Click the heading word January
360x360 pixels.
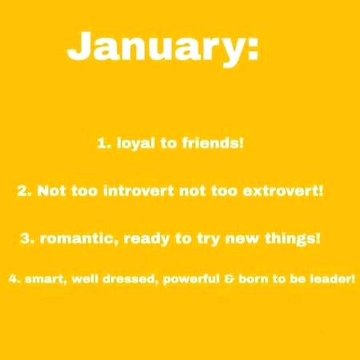click(x=152, y=48)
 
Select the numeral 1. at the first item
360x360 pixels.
click(x=103, y=145)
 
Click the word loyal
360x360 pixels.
click(x=135, y=145)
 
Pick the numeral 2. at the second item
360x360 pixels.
click(x=24, y=192)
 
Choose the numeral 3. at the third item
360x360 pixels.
click(x=27, y=238)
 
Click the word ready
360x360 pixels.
click(x=146, y=238)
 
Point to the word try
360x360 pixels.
click(x=203, y=238)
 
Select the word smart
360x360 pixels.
click(x=41, y=280)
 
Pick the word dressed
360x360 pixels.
click(x=128, y=280)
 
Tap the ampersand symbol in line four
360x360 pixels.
click(x=229, y=280)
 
